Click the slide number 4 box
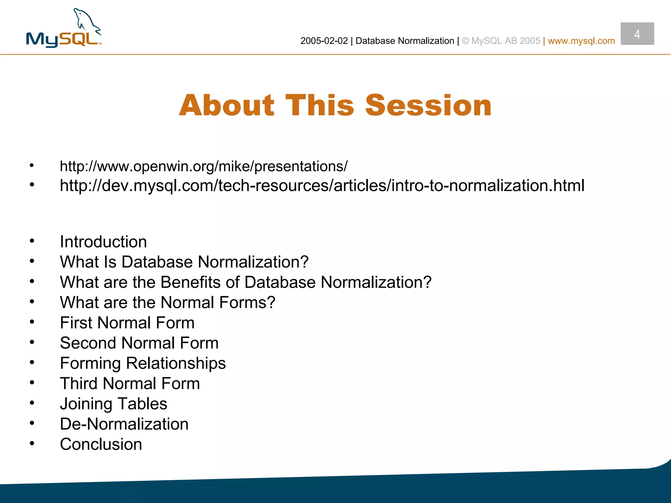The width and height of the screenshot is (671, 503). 637,34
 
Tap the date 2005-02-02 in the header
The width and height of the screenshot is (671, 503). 324,41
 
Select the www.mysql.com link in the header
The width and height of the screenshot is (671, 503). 581,41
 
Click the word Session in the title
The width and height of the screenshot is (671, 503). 428,105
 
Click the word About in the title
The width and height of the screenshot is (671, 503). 226,105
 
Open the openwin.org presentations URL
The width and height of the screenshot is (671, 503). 203,166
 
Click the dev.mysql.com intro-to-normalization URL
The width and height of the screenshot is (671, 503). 322,186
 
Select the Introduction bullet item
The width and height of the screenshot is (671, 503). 103,242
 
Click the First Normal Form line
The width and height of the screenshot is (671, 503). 127,323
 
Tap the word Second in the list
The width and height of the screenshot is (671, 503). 88,343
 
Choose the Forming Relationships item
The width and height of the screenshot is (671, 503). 143,363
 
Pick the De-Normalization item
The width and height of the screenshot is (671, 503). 124,424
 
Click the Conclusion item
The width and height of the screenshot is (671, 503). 101,445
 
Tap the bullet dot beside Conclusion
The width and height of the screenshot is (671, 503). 32,443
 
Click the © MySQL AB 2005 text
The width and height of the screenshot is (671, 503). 501,41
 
